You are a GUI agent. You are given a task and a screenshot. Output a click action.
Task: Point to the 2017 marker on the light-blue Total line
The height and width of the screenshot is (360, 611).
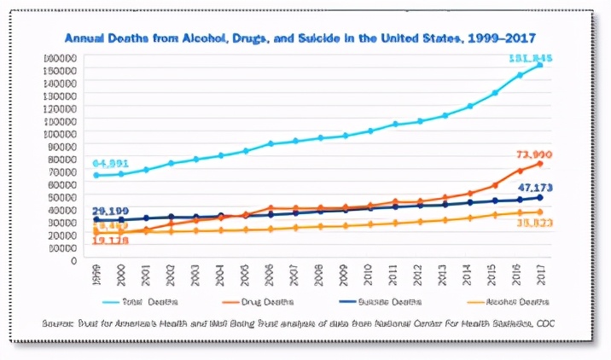pos(540,65)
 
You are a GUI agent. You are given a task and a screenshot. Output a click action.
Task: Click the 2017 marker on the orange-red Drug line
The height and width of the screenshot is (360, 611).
pos(540,163)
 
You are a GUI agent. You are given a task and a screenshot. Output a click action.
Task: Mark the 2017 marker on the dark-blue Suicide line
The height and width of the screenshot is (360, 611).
pos(540,197)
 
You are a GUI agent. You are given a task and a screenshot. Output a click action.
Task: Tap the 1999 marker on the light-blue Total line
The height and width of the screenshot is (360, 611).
pos(96,176)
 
